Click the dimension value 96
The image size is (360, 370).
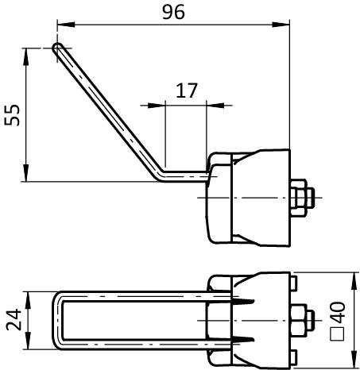tap(173, 12)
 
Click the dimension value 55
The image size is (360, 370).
tap(12, 115)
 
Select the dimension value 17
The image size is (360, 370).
tap(187, 91)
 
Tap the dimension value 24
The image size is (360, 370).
tap(14, 320)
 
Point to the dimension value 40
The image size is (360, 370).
tap(338, 313)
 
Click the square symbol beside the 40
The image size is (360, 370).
tap(338, 333)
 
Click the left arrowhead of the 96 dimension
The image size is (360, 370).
tap(66, 25)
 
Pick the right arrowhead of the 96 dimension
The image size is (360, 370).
tap(281, 25)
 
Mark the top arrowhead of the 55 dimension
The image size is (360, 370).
tap(25, 56)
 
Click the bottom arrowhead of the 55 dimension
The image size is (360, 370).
tap(25, 173)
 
